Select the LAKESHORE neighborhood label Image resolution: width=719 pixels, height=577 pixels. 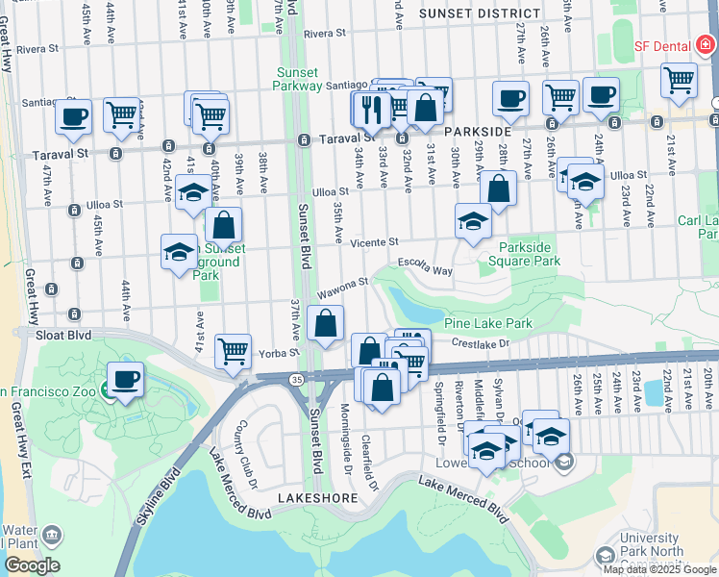tap(317, 498)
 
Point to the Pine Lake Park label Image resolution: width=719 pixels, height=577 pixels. tap(488, 324)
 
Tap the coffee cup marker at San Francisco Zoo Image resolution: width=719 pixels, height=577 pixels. tap(126, 378)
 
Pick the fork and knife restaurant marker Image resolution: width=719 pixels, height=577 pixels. tap(370, 110)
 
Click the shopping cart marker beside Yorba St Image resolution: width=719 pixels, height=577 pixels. tap(233, 351)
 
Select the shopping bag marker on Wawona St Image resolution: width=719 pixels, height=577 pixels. tap(327, 324)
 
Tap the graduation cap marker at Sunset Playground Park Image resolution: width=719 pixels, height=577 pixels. tap(179, 251)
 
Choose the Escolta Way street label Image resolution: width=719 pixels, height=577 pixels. tap(424, 270)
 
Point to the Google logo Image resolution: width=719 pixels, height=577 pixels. tap(32, 565)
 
